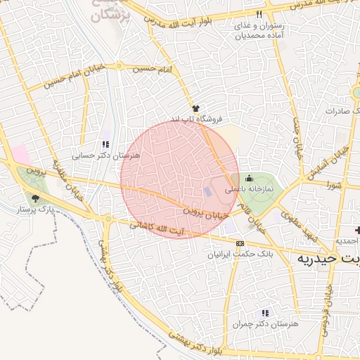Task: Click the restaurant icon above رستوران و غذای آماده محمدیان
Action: click(x=259, y=14)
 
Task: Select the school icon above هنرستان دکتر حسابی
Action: click(x=105, y=143)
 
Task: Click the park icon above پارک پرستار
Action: click(x=35, y=198)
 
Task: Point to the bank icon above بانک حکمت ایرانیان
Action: click(x=240, y=243)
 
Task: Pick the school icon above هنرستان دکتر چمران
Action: click(x=264, y=312)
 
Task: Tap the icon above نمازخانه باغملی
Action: click(x=248, y=178)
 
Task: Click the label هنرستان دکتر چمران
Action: click(x=264, y=323)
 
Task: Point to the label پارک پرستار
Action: click(x=35, y=210)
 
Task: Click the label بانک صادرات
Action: click(x=341, y=112)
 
